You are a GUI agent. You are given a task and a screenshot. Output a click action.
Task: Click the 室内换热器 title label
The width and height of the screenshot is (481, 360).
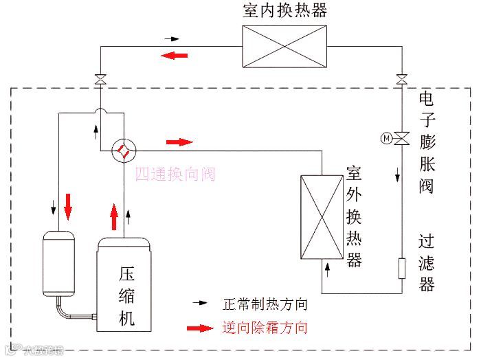[284, 10]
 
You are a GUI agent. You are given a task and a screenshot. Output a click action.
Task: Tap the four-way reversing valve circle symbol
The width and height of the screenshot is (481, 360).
[122, 148]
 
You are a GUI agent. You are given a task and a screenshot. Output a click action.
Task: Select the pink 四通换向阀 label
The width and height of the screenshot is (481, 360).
[175, 175]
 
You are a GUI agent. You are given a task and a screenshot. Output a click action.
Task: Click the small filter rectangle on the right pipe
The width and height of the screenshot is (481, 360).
[403, 267]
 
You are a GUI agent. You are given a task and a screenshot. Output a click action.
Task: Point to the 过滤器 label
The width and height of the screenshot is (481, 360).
[427, 263]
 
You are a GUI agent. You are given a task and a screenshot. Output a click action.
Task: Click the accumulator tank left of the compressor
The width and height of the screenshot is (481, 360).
[58, 264]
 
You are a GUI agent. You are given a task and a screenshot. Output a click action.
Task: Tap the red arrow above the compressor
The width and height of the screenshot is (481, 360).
[114, 215]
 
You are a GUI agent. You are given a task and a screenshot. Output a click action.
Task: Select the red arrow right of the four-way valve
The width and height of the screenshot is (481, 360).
[180, 142]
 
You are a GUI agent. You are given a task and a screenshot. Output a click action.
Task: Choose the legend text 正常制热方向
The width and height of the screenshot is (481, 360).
[265, 303]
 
